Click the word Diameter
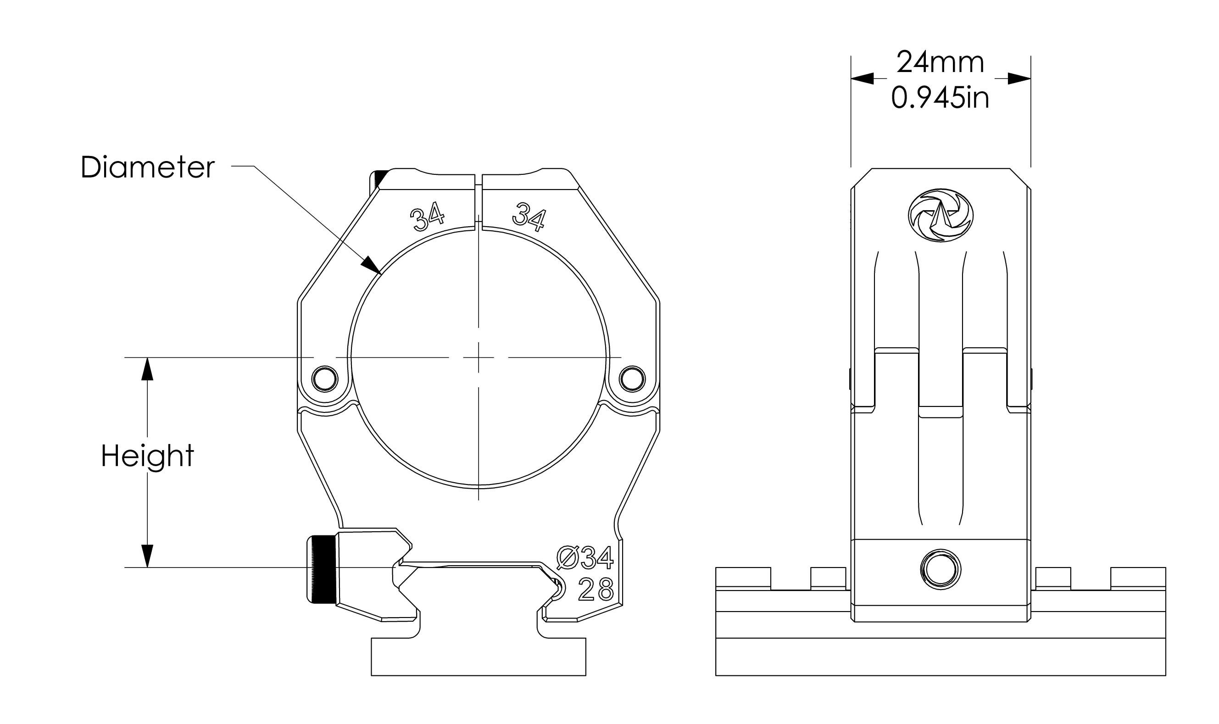[x=147, y=167]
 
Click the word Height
[x=147, y=456]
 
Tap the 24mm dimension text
[x=940, y=62]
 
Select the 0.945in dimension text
[x=940, y=98]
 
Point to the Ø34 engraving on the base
[x=584, y=558]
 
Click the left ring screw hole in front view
[x=324, y=378]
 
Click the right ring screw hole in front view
[x=632, y=378]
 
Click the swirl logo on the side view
[x=941, y=215]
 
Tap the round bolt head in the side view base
[x=940, y=569]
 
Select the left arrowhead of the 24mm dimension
[x=862, y=78]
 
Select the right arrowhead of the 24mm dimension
[x=1019, y=78]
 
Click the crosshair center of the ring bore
[x=479, y=357]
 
